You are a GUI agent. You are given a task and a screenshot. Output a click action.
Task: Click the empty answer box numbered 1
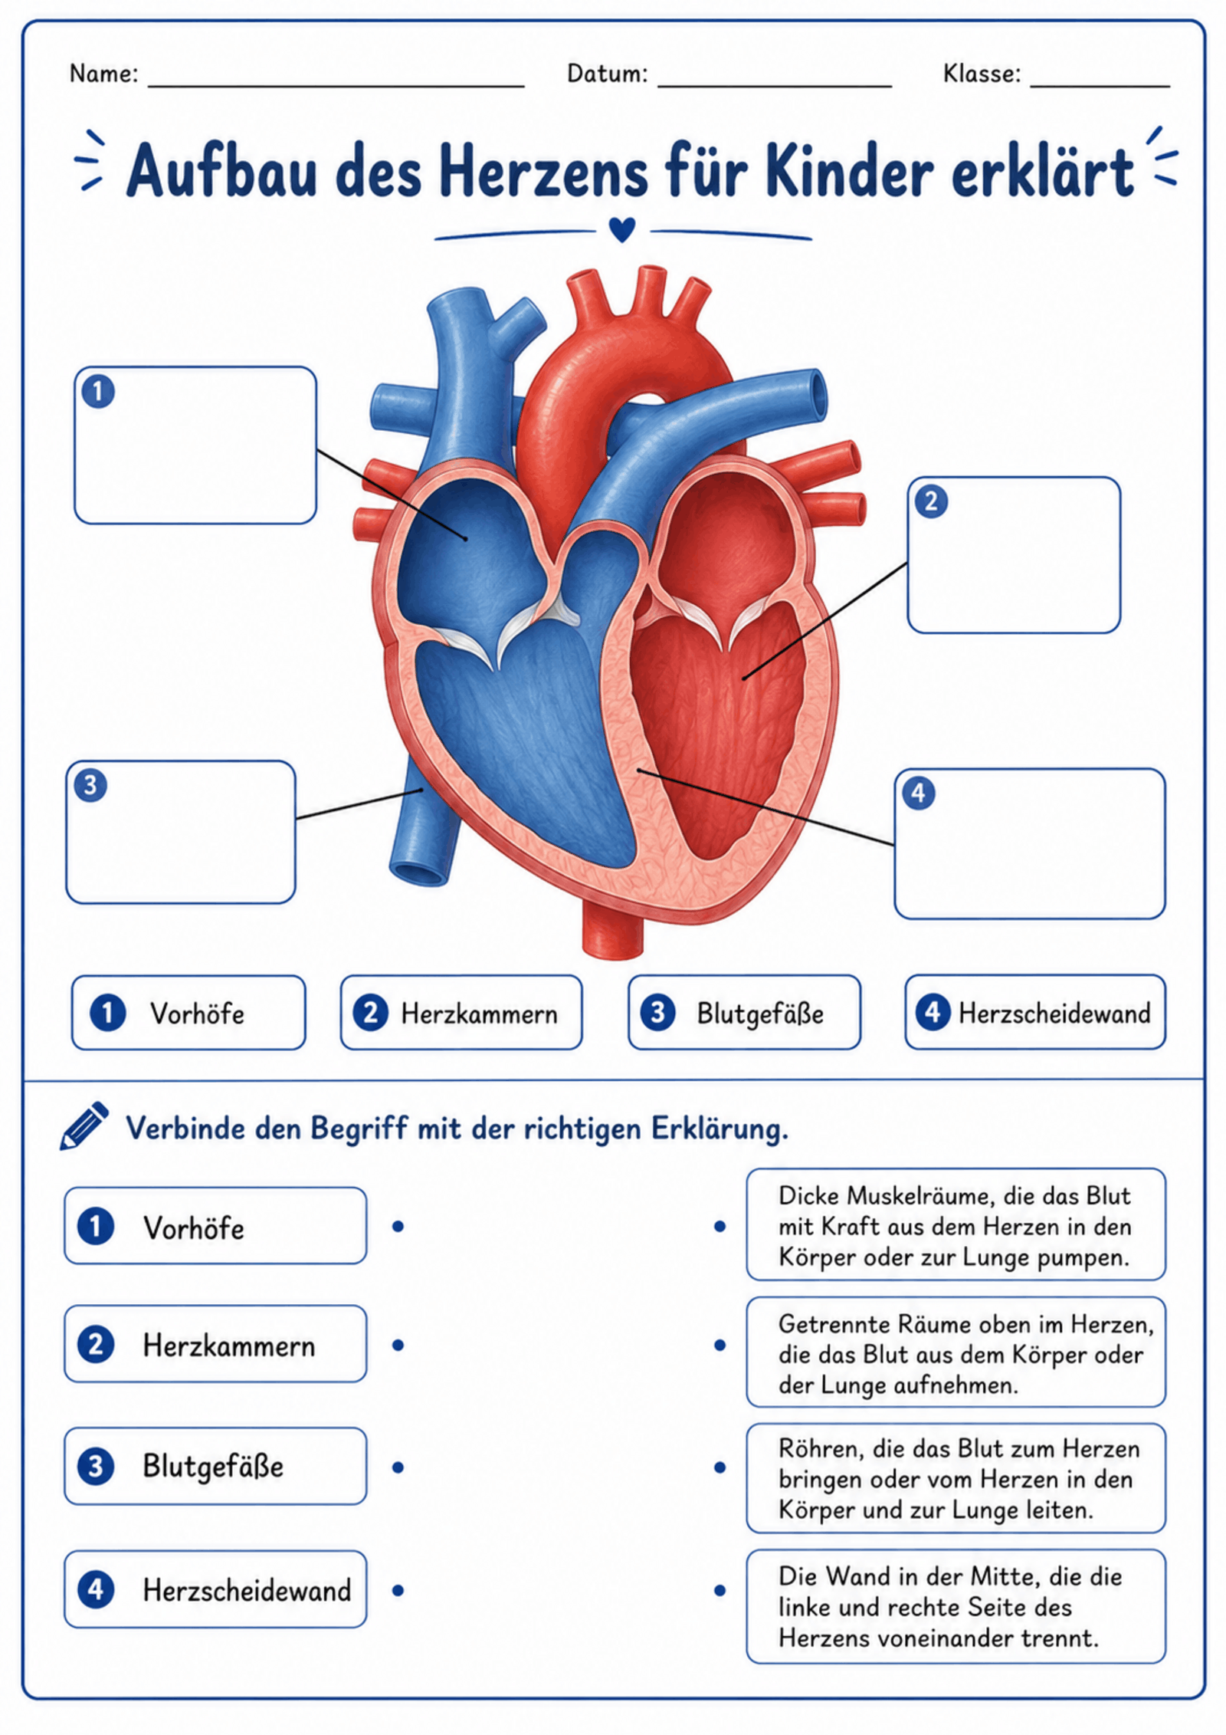coord(195,445)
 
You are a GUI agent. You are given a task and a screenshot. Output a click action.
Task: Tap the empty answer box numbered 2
coord(1014,555)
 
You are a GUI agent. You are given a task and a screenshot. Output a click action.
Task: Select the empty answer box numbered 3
coord(181,832)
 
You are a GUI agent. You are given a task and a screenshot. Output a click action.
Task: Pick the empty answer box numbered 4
coord(1030,843)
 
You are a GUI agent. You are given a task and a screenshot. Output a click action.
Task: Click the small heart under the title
coord(621,229)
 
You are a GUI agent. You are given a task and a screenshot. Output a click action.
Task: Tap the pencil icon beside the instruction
coord(84,1126)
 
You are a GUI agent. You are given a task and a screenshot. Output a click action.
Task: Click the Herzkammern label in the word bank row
coord(461,1013)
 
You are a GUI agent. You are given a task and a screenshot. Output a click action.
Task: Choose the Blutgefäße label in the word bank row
coord(744,1013)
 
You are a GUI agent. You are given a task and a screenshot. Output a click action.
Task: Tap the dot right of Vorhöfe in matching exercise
coord(398,1227)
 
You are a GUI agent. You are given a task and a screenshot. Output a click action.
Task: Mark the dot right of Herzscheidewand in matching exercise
coord(398,1591)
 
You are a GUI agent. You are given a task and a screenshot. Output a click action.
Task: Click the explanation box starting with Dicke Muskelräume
coord(956,1225)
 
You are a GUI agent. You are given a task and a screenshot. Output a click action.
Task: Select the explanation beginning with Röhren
coord(956,1478)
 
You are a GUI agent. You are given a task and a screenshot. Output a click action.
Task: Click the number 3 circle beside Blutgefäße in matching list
coord(96,1467)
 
